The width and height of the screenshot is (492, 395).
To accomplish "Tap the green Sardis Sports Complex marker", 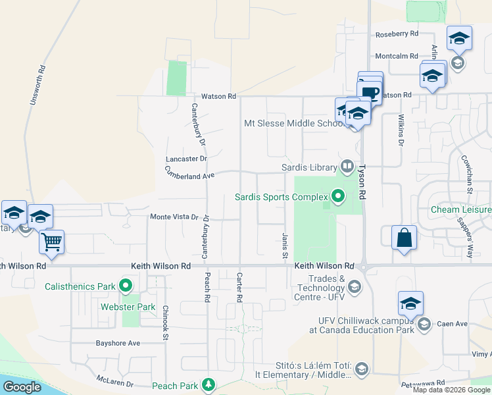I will [x=339, y=196].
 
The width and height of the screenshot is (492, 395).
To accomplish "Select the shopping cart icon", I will [x=51, y=241].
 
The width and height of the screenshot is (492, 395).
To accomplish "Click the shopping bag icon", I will [x=404, y=238].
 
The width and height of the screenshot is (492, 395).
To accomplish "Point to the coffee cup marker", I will [x=370, y=92].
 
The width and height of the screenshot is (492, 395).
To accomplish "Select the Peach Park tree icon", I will [x=209, y=384].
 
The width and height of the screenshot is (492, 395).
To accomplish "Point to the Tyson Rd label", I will [x=361, y=181].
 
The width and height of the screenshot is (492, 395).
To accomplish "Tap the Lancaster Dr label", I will [x=186, y=159].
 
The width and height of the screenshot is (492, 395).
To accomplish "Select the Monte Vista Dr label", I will [x=174, y=217].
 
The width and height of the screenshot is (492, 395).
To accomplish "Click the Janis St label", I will [x=285, y=245].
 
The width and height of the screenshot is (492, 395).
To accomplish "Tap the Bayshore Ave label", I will [x=118, y=343].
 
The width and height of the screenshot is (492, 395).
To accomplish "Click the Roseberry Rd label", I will [x=397, y=34].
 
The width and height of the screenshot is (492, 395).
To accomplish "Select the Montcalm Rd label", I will [x=397, y=56].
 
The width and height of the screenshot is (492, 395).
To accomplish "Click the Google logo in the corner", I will [x=22, y=387].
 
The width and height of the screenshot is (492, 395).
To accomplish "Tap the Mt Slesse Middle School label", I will [x=293, y=123].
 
